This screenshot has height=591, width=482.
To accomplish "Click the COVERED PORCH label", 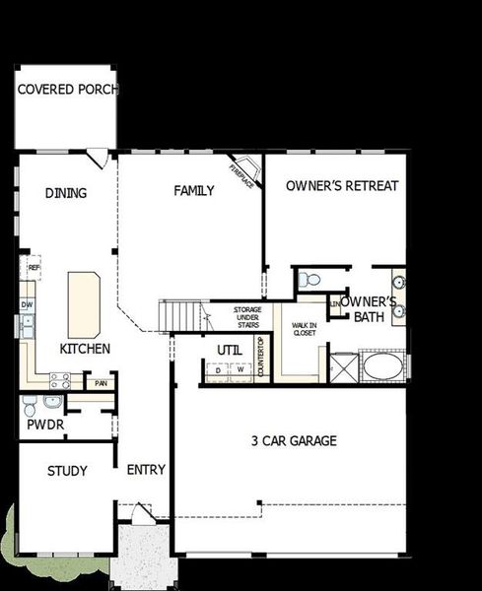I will coord(67,89).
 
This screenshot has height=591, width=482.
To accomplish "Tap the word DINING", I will coord(66,193).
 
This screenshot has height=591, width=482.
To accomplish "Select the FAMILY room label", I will coord(194,191).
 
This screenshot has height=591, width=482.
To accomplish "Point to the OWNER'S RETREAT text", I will coord(343,186).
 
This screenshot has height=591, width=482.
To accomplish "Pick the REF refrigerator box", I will coord(34,267).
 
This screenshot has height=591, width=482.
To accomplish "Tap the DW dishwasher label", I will coord(27,305).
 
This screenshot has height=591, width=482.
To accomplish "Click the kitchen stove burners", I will coord(59,379).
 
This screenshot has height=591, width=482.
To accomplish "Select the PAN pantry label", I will coord(100,382).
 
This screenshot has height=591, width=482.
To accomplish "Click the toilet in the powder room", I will coord(31,404).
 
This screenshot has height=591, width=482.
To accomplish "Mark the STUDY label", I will coord(67,471).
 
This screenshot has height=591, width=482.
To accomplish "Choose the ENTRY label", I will coord(146,470).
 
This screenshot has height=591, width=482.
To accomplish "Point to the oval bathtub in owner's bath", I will coord(381,367).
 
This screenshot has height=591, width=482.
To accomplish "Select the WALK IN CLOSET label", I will coord(304,329).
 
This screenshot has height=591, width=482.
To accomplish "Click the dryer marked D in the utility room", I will coord(218,371).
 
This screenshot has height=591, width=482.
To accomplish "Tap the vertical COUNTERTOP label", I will coord(261,358).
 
